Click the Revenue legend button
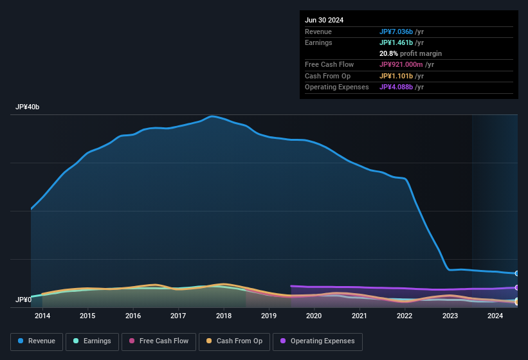pos(37,341)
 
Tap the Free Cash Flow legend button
pos(159,341)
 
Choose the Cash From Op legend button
pos(235,341)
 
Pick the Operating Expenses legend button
pos(318,341)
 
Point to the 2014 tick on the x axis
pos(42,316)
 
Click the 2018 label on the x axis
pos(224,316)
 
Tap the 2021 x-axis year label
pos(360,316)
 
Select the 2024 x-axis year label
pos(495,316)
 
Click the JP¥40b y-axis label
pos(28,107)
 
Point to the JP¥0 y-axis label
pos(24,300)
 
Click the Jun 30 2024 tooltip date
pos(324,20)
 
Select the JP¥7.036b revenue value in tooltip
pos(396,32)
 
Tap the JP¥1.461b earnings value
pos(396,42)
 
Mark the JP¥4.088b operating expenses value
pos(396,87)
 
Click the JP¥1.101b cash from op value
pos(396,76)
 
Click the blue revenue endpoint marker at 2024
pos(517,273)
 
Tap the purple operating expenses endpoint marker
pos(517,287)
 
